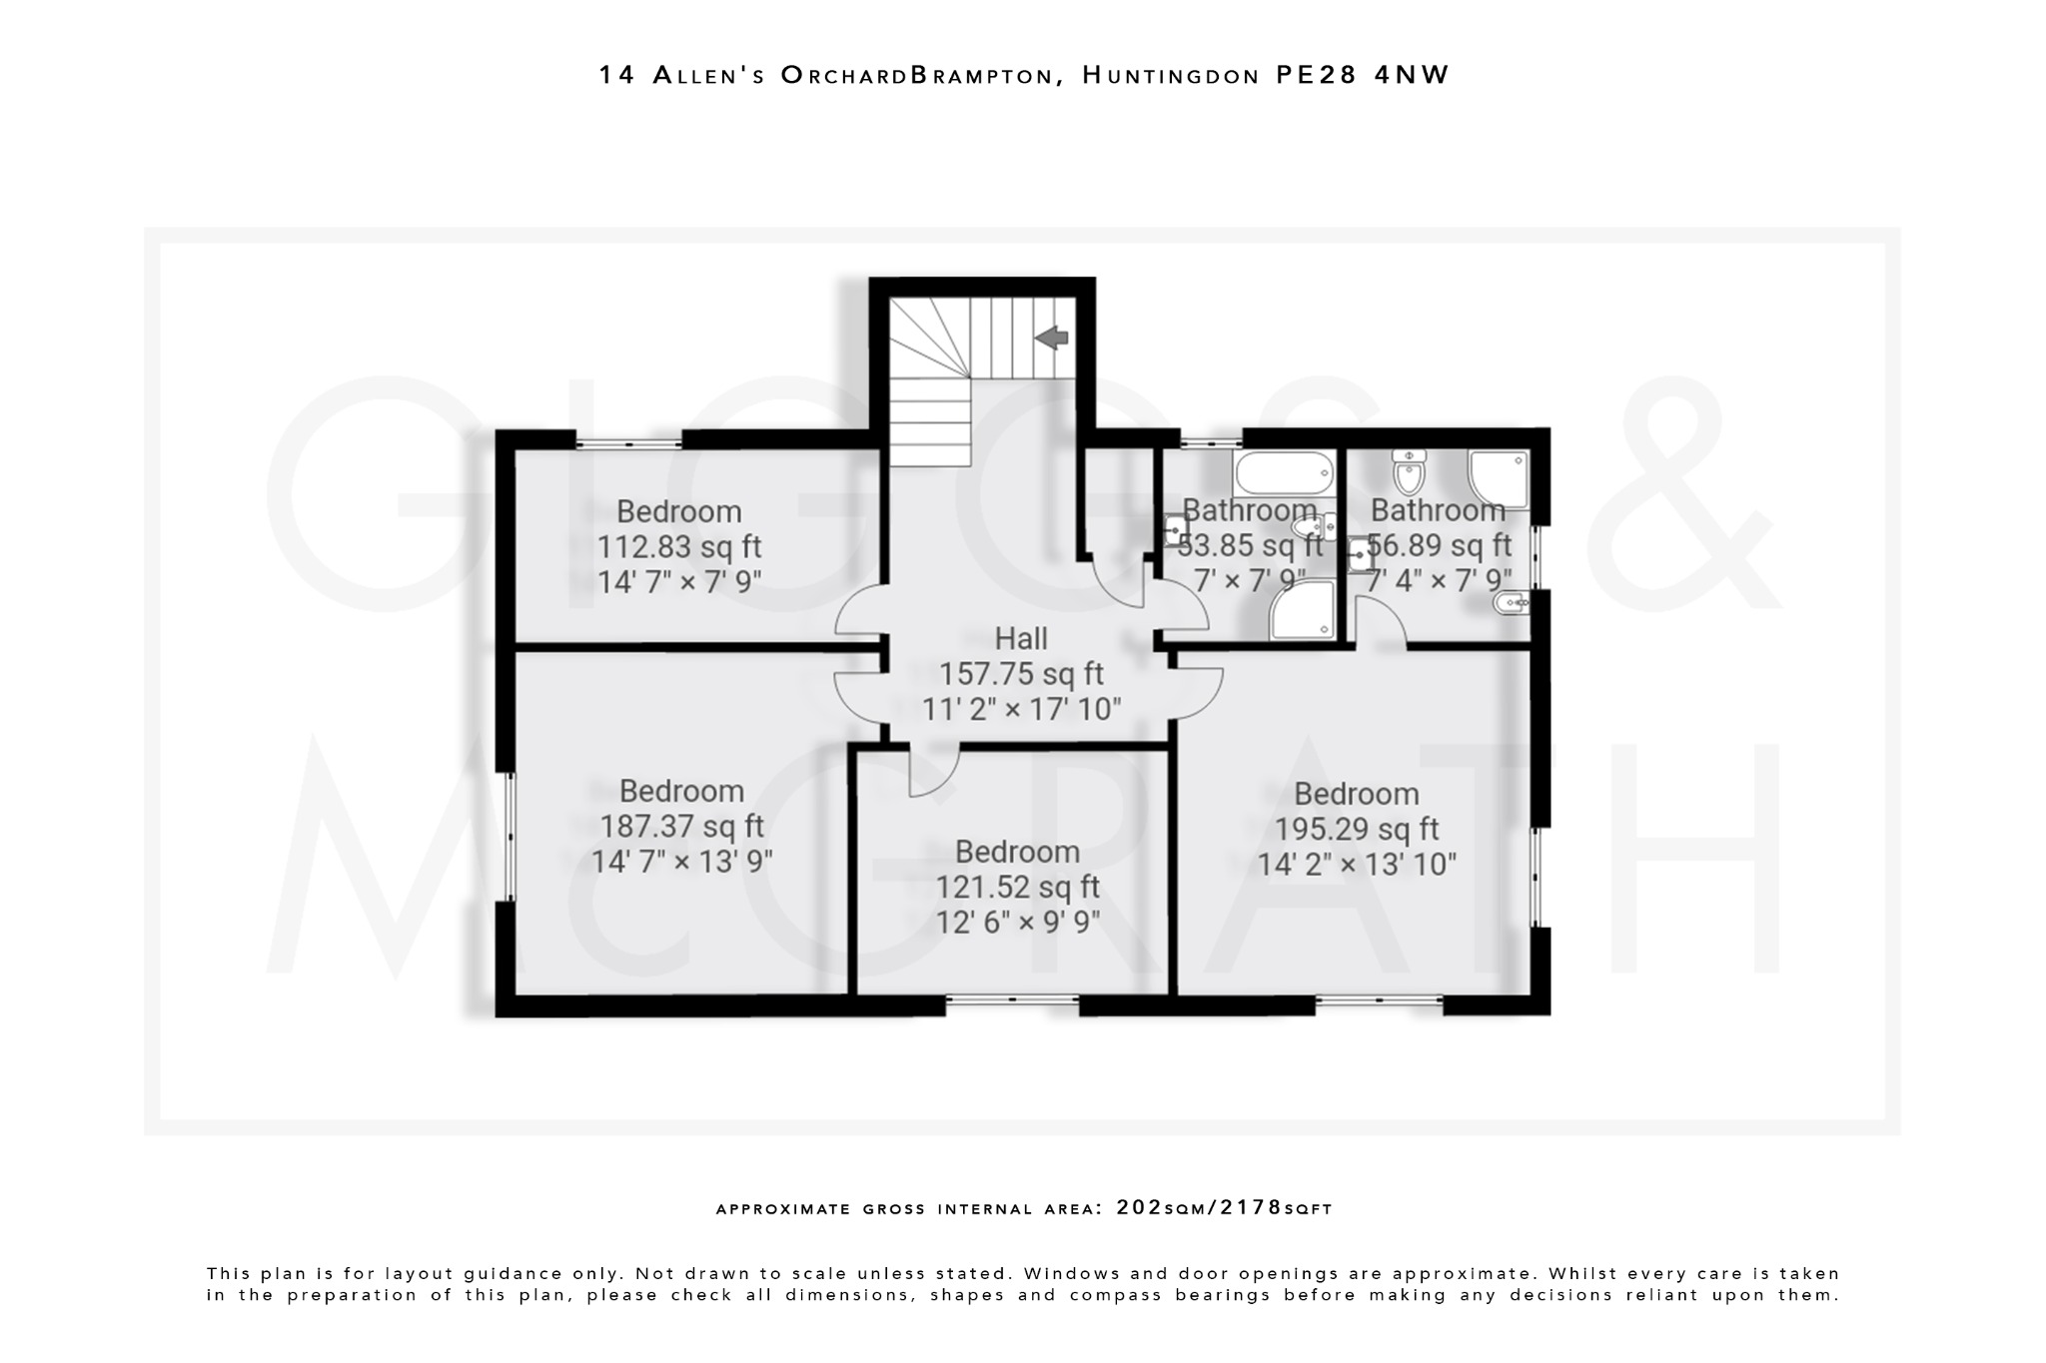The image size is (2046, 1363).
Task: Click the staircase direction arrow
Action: pos(1052,339)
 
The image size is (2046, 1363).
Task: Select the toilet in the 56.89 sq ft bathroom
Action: pos(1409,473)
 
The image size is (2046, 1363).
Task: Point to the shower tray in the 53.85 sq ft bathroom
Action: pos(1303,610)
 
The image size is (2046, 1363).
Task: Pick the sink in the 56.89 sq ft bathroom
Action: pos(1360,555)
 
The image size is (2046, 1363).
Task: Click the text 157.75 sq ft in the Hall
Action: pos(1021,674)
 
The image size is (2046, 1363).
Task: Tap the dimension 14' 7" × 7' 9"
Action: pos(679,582)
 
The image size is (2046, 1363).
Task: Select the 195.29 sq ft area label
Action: pos(1356,829)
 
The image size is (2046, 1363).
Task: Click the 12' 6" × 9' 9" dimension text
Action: pos(1017,922)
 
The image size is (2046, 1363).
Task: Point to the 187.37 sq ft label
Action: pos(681,827)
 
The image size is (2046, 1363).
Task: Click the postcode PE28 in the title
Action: pos(1316,76)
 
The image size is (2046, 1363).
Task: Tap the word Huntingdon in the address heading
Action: pos(1171,76)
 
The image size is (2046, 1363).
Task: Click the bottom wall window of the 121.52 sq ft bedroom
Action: pos(1012,1000)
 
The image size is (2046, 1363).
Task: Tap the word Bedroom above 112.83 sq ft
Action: pos(678,511)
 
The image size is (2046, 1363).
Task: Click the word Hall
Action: pos(1021,639)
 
